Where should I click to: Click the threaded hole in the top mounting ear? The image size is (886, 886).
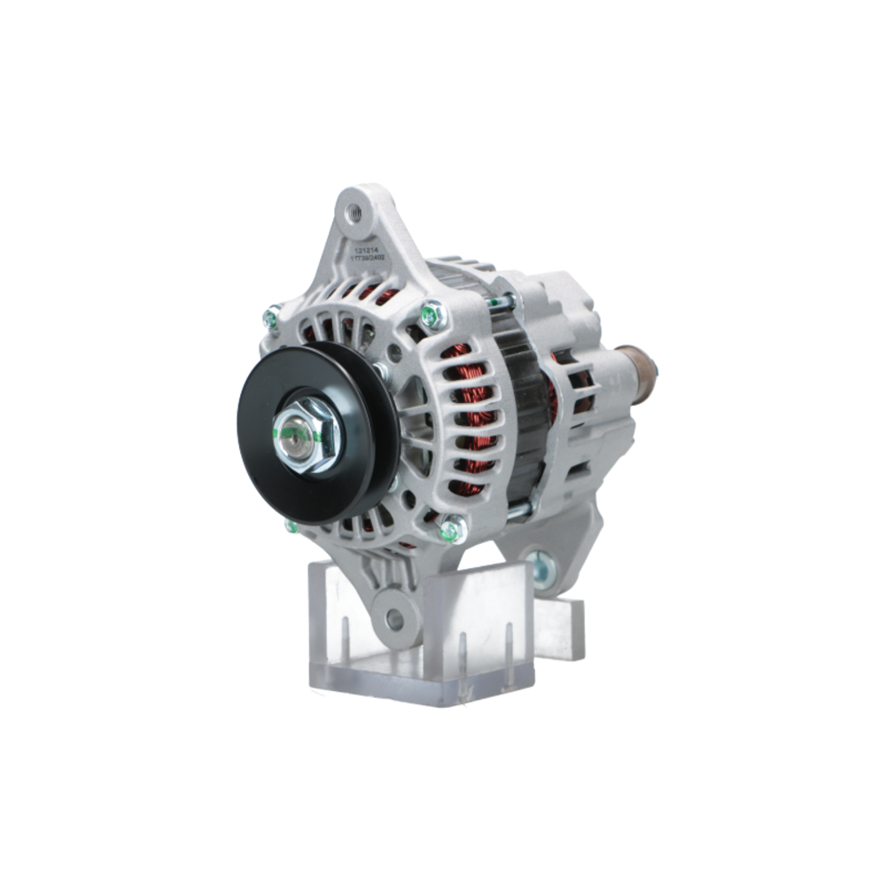click(x=354, y=212)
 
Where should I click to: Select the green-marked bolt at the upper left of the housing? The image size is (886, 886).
click(x=272, y=315)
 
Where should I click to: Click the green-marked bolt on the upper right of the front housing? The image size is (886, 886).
click(x=431, y=314)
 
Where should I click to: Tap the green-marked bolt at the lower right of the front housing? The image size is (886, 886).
click(x=451, y=531)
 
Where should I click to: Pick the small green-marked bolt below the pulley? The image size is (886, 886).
click(x=291, y=526)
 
